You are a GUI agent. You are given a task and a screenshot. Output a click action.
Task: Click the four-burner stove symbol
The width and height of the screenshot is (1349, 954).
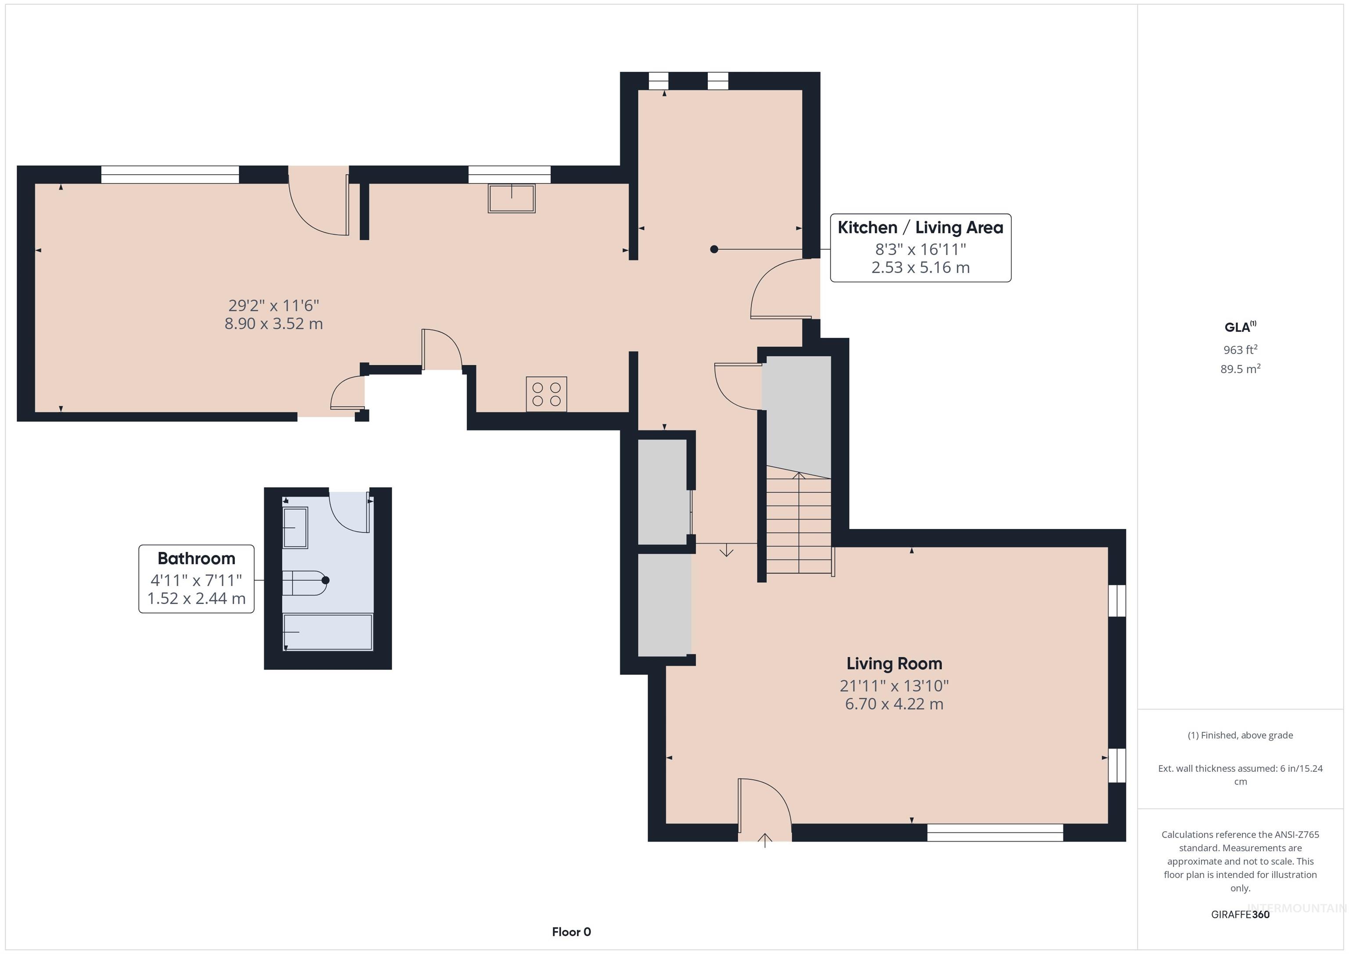coord(546,393)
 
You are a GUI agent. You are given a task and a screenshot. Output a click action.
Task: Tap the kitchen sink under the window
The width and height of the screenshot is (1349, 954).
coord(511,198)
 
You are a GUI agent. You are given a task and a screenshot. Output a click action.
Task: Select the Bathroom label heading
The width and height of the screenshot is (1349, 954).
coord(196,558)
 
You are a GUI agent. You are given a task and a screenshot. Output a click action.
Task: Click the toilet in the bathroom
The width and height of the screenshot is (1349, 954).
coord(304,583)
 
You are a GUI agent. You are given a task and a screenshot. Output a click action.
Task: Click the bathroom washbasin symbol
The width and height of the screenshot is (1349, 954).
coord(295,528)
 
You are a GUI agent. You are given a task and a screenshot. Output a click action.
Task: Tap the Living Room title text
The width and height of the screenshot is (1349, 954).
coord(894,663)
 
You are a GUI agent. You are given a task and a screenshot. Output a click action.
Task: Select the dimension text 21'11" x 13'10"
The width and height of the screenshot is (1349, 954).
coord(894,686)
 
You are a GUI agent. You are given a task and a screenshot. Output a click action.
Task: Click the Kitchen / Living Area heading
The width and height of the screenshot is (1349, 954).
coord(920,227)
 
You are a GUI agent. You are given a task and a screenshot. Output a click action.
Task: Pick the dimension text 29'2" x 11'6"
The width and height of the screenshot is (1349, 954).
coord(273,306)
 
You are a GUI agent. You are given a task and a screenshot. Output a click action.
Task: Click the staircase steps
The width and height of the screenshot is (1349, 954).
coord(798,526)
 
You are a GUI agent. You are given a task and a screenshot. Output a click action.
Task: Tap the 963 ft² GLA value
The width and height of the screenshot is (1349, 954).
coord(1240,349)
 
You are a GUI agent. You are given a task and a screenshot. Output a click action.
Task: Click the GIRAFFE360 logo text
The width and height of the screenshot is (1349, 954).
coord(1240,914)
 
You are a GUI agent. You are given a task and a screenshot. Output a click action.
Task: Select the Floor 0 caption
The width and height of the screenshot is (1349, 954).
coord(571,932)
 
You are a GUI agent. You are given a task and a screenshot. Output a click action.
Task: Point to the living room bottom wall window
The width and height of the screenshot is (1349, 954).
coord(995,832)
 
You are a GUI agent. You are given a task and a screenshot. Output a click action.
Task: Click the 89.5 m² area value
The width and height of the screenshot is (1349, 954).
coord(1240,369)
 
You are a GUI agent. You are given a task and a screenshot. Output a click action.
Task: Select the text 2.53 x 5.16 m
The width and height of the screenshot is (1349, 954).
coord(920,268)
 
